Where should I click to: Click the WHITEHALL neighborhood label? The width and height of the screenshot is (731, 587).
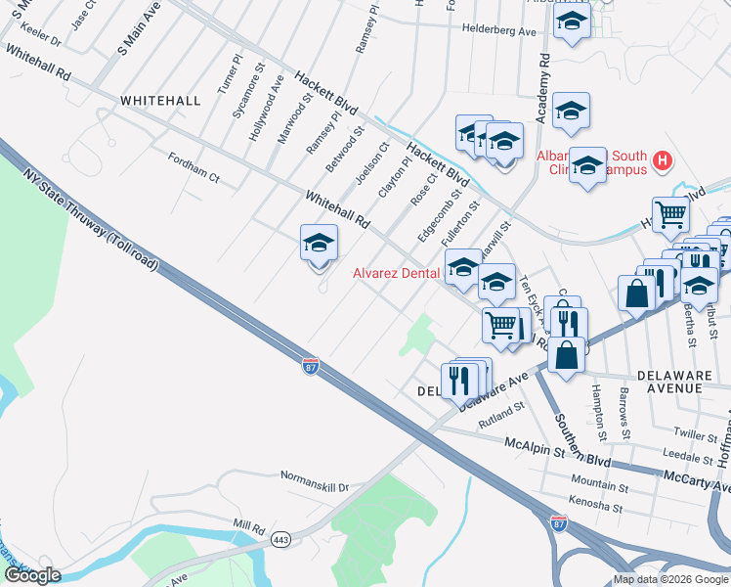point(160,101)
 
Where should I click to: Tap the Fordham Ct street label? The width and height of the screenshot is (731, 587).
point(193,167)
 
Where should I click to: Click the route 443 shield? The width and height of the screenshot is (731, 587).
point(280,540)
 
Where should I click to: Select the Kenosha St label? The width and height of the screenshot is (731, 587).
point(596,507)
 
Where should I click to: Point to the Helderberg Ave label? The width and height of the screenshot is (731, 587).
point(500,30)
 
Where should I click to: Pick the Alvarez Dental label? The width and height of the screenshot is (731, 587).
point(395,274)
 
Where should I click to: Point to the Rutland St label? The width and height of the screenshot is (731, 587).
point(501,422)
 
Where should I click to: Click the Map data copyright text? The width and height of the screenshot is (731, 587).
point(671,579)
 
